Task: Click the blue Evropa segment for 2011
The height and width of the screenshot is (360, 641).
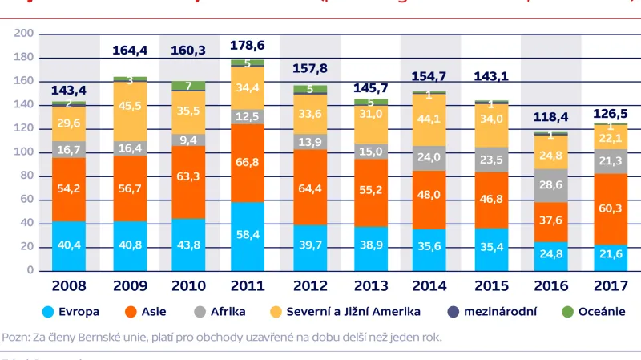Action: [248, 237]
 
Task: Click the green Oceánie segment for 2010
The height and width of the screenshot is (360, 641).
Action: [188, 86]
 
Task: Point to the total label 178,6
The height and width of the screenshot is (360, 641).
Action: [248, 46]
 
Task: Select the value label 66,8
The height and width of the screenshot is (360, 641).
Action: [248, 163]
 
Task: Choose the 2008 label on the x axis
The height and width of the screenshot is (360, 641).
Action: [70, 285]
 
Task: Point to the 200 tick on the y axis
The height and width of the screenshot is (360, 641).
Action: [23, 33]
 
